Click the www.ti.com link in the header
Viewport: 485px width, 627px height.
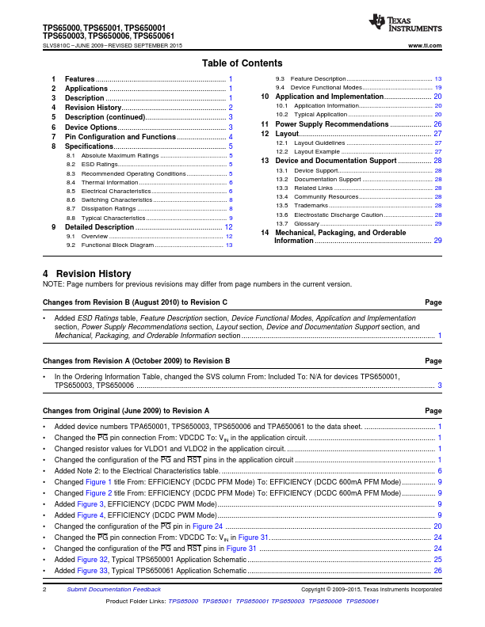click(425, 46)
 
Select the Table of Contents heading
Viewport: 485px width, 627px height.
click(242, 63)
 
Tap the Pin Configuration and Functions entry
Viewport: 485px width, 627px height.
click(120, 137)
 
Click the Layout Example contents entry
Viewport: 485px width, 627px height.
click(317, 151)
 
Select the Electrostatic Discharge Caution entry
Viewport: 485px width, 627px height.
click(341, 215)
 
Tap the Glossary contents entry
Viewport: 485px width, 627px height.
click(307, 224)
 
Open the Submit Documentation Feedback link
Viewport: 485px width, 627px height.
click(113, 590)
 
